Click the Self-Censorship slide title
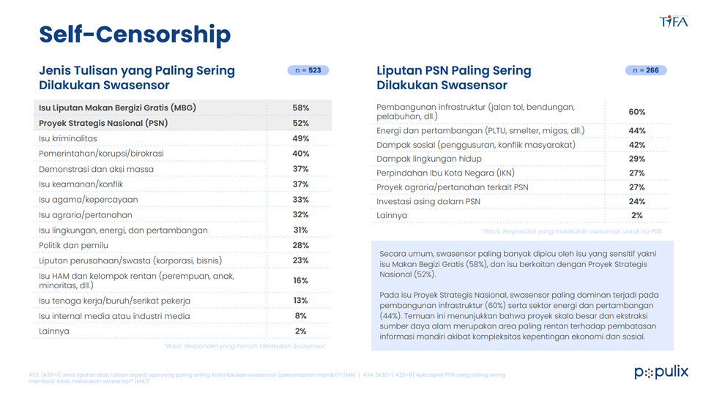point(135,34)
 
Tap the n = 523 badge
point(308,71)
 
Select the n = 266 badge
point(645,71)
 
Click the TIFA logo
point(673,21)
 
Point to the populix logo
point(661,372)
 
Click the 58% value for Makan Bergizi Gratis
point(300,108)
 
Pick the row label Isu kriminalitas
point(68,138)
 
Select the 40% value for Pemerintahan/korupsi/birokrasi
point(300,154)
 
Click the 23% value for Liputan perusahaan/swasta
point(300,260)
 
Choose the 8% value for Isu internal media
point(300,316)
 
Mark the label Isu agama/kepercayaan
point(88,200)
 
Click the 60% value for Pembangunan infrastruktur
point(637,112)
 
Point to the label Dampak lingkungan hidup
point(428,159)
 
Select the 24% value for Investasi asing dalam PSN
point(637,201)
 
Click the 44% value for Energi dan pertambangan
point(637,131)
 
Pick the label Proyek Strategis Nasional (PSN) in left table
point(103,123)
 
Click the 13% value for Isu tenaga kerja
point(300,301)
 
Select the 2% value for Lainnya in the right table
point(637,216)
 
